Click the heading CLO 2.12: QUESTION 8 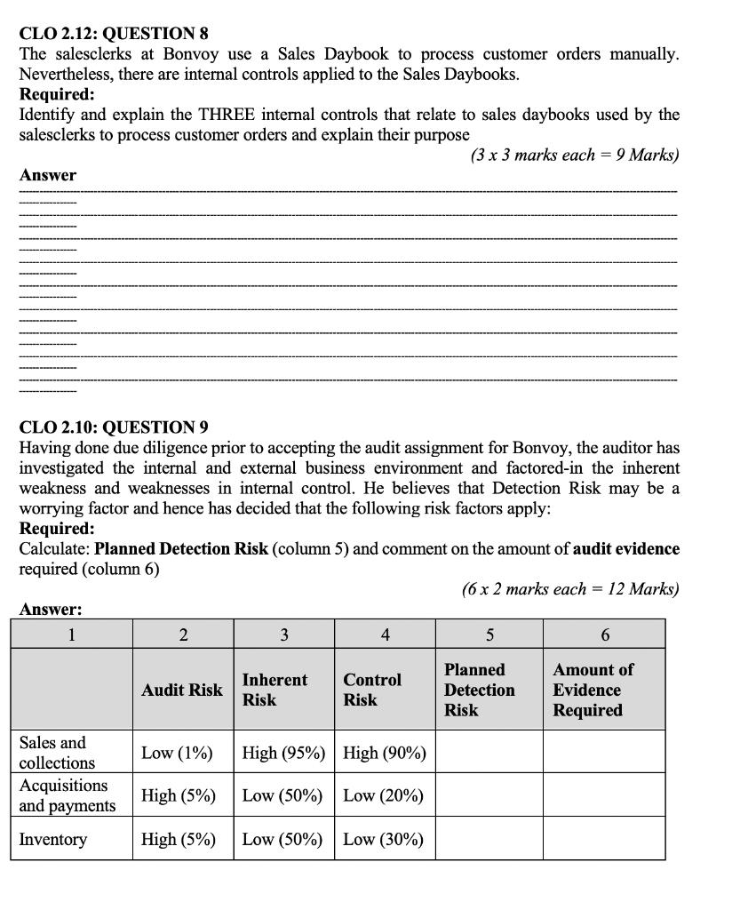pyautogui.click(x=114, y=34)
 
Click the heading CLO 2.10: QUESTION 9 pyautogui.click(x=114, y=427)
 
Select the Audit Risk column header pyautogui.click(x=182, y=690)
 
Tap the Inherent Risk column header pyautogui.click(x=275, y=690)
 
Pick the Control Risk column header pyautogui.click(x=372, y=690)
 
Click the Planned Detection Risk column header pyautogui.click(x=479, y=690)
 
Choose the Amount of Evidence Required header pyautogui.click(x=593, y=690)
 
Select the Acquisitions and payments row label pyautogui.click(x=68, y=795)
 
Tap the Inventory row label pyautogui.click(x=53, y=839)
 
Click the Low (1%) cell pyautogui.click(x=177, y=753)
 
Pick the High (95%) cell pyautogui.click(x=284, y=753)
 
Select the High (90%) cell pyautogui.click(x=385, y=753)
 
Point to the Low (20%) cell pyautogui.click(x=383, y=795)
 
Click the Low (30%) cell pyautogui.click(x=383, y=839)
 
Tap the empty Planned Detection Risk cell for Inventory pyautogui.click(x=489, y=839)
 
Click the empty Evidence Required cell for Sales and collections pyautogui.click(x=604, y=752)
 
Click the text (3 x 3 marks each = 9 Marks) pyautogui.click(x=574, y=155)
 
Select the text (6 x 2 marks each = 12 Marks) pyautogui.click(x=569, y=588)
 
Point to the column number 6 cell pyautogui.click(x=604, y=635)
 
